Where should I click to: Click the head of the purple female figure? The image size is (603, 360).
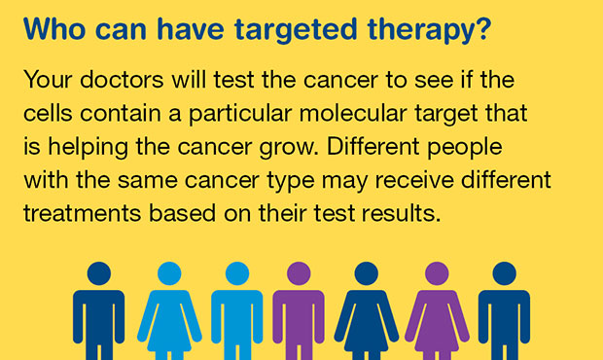[432, 274]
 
